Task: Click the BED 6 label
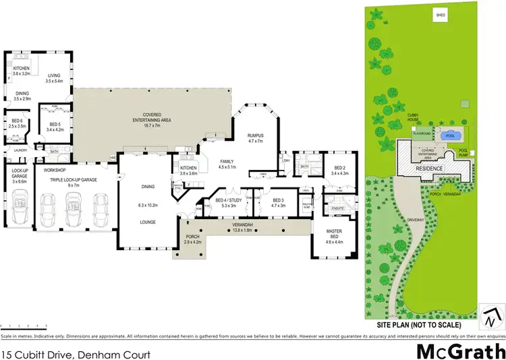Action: [17, 123]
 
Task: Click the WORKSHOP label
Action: [55, 171]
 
